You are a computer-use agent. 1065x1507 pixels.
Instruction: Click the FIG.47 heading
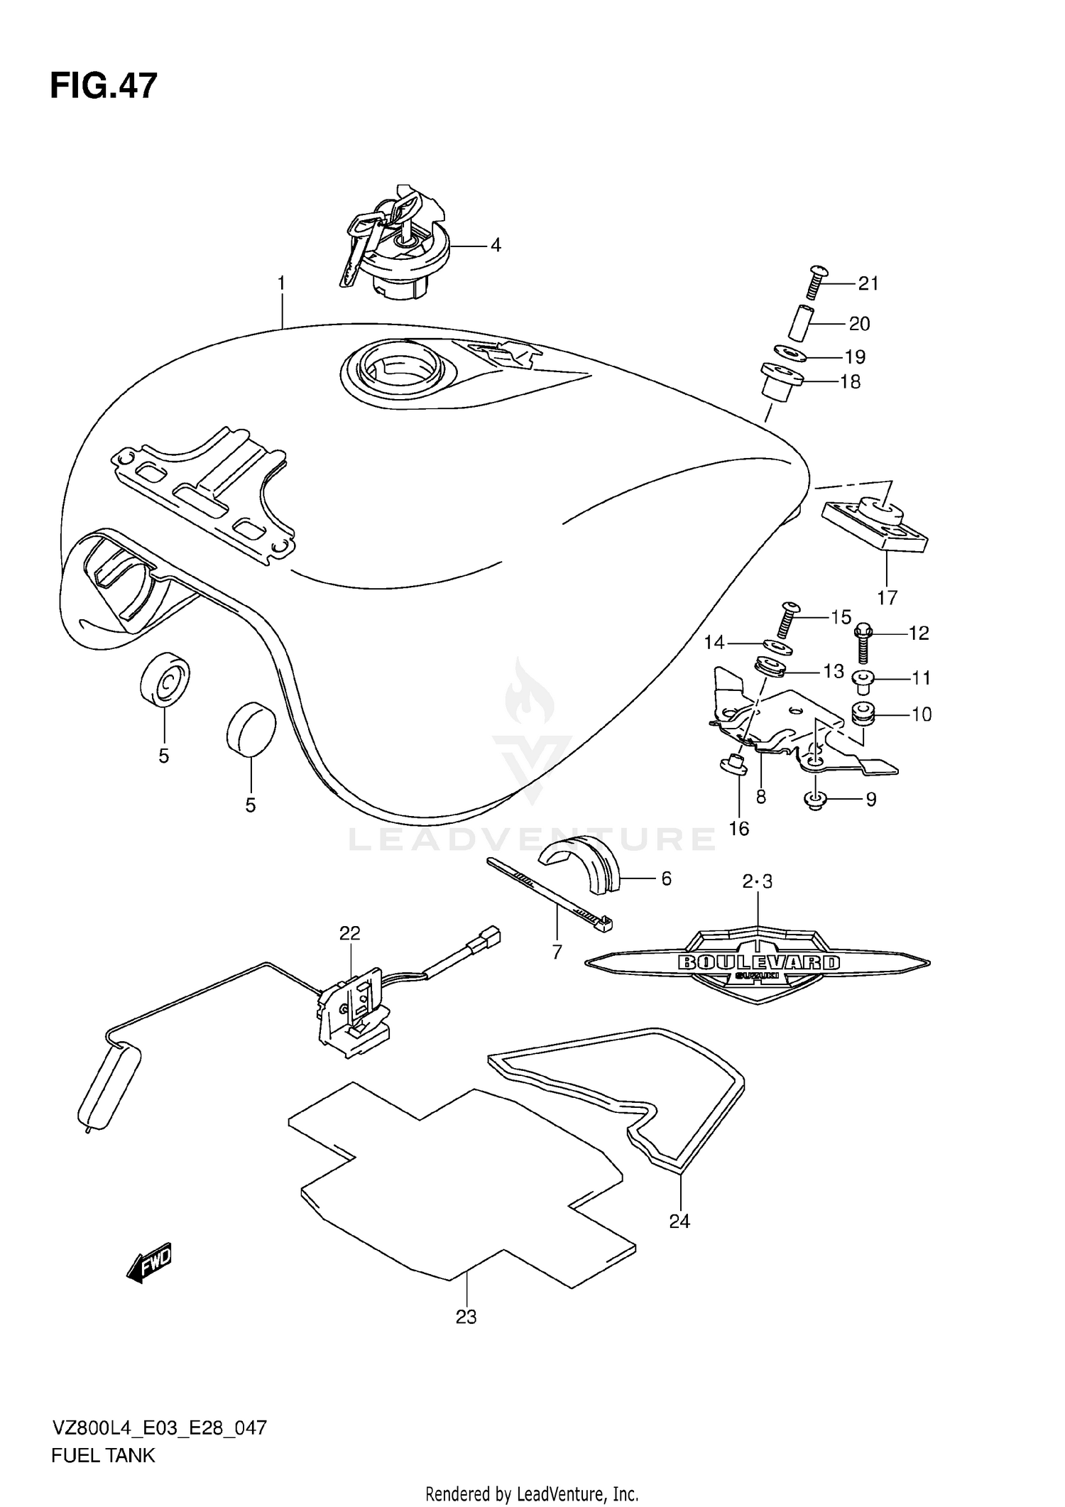pos(104,86)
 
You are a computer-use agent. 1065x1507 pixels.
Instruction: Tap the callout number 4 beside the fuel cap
pos(496,246)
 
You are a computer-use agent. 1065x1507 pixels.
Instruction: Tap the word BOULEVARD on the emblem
pos(758,962)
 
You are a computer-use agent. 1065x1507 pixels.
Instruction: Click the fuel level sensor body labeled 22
pos(353,1011)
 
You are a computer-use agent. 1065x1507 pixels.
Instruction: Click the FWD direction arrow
pos(150,1261)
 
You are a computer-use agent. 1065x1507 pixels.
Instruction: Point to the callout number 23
pos(466,1317)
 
